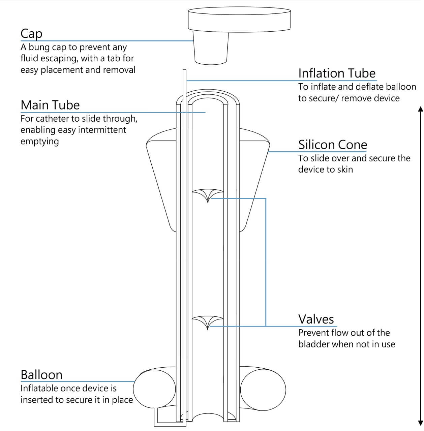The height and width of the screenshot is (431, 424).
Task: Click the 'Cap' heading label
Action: [31, 34]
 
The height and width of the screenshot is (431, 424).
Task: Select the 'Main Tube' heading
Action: [50, 105]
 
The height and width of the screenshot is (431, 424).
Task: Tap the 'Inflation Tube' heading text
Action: [337, 73]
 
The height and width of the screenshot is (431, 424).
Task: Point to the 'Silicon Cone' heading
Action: [332, 145]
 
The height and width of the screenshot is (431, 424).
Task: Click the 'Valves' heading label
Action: [316, 319]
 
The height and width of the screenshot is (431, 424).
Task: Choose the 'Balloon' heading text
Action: [41, 375]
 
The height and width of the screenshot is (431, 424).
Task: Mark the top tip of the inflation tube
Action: [184, 71]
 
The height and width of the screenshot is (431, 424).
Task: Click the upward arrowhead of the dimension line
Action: [420, 109]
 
